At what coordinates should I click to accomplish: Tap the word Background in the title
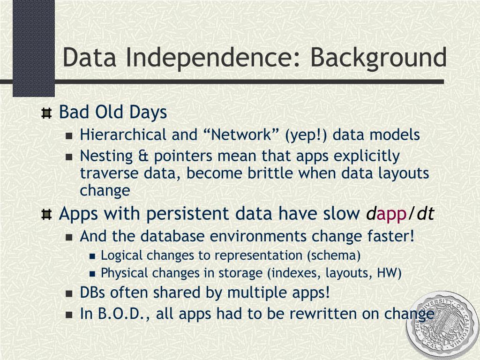click(x=379, y=58)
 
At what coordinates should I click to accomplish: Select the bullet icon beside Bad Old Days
click(x=46, y=113)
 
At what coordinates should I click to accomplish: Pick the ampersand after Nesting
click(x=143, y=156)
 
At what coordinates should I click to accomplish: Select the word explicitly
click(x=367, y=157)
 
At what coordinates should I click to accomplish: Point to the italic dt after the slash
click(x=426, y=213)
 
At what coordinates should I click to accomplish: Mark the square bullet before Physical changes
click(x=93, y=273)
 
